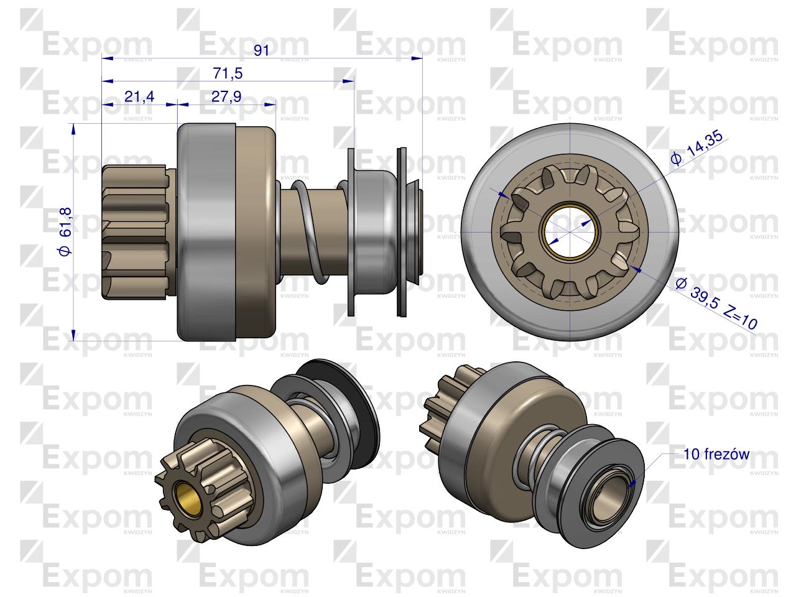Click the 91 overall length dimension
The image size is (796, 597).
click(261, 50)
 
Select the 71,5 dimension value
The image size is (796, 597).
click(227, 73)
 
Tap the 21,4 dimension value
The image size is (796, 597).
click(139, 96)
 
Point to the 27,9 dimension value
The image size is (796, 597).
click(226, 96)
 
